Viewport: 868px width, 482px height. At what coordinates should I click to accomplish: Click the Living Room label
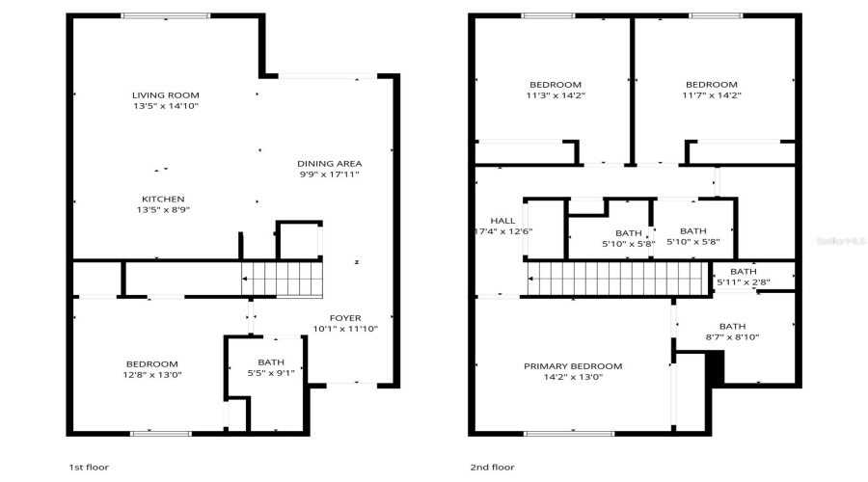point(166,94)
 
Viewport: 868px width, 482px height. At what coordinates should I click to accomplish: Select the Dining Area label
point(329,163)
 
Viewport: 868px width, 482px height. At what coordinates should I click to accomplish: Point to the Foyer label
point(344,317)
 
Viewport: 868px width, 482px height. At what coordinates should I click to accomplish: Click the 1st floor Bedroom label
point(150,363)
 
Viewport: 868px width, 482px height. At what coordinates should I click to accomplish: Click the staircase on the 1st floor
point(281,279)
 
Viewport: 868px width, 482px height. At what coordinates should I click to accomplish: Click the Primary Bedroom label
point(573,366)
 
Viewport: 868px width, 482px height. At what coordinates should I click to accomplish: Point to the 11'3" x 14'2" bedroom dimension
point(556,95)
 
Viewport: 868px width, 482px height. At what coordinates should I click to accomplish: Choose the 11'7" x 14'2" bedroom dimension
point(712,95)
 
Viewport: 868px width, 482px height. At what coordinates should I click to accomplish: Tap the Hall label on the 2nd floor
point(502,221)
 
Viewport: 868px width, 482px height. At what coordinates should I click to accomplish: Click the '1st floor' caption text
point(88,467)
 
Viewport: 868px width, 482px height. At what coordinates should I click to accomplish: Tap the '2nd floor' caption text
point(492,467)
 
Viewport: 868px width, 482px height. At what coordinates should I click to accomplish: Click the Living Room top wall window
point(166,16)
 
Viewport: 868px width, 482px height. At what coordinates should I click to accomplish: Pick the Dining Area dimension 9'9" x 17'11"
point(329,174)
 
